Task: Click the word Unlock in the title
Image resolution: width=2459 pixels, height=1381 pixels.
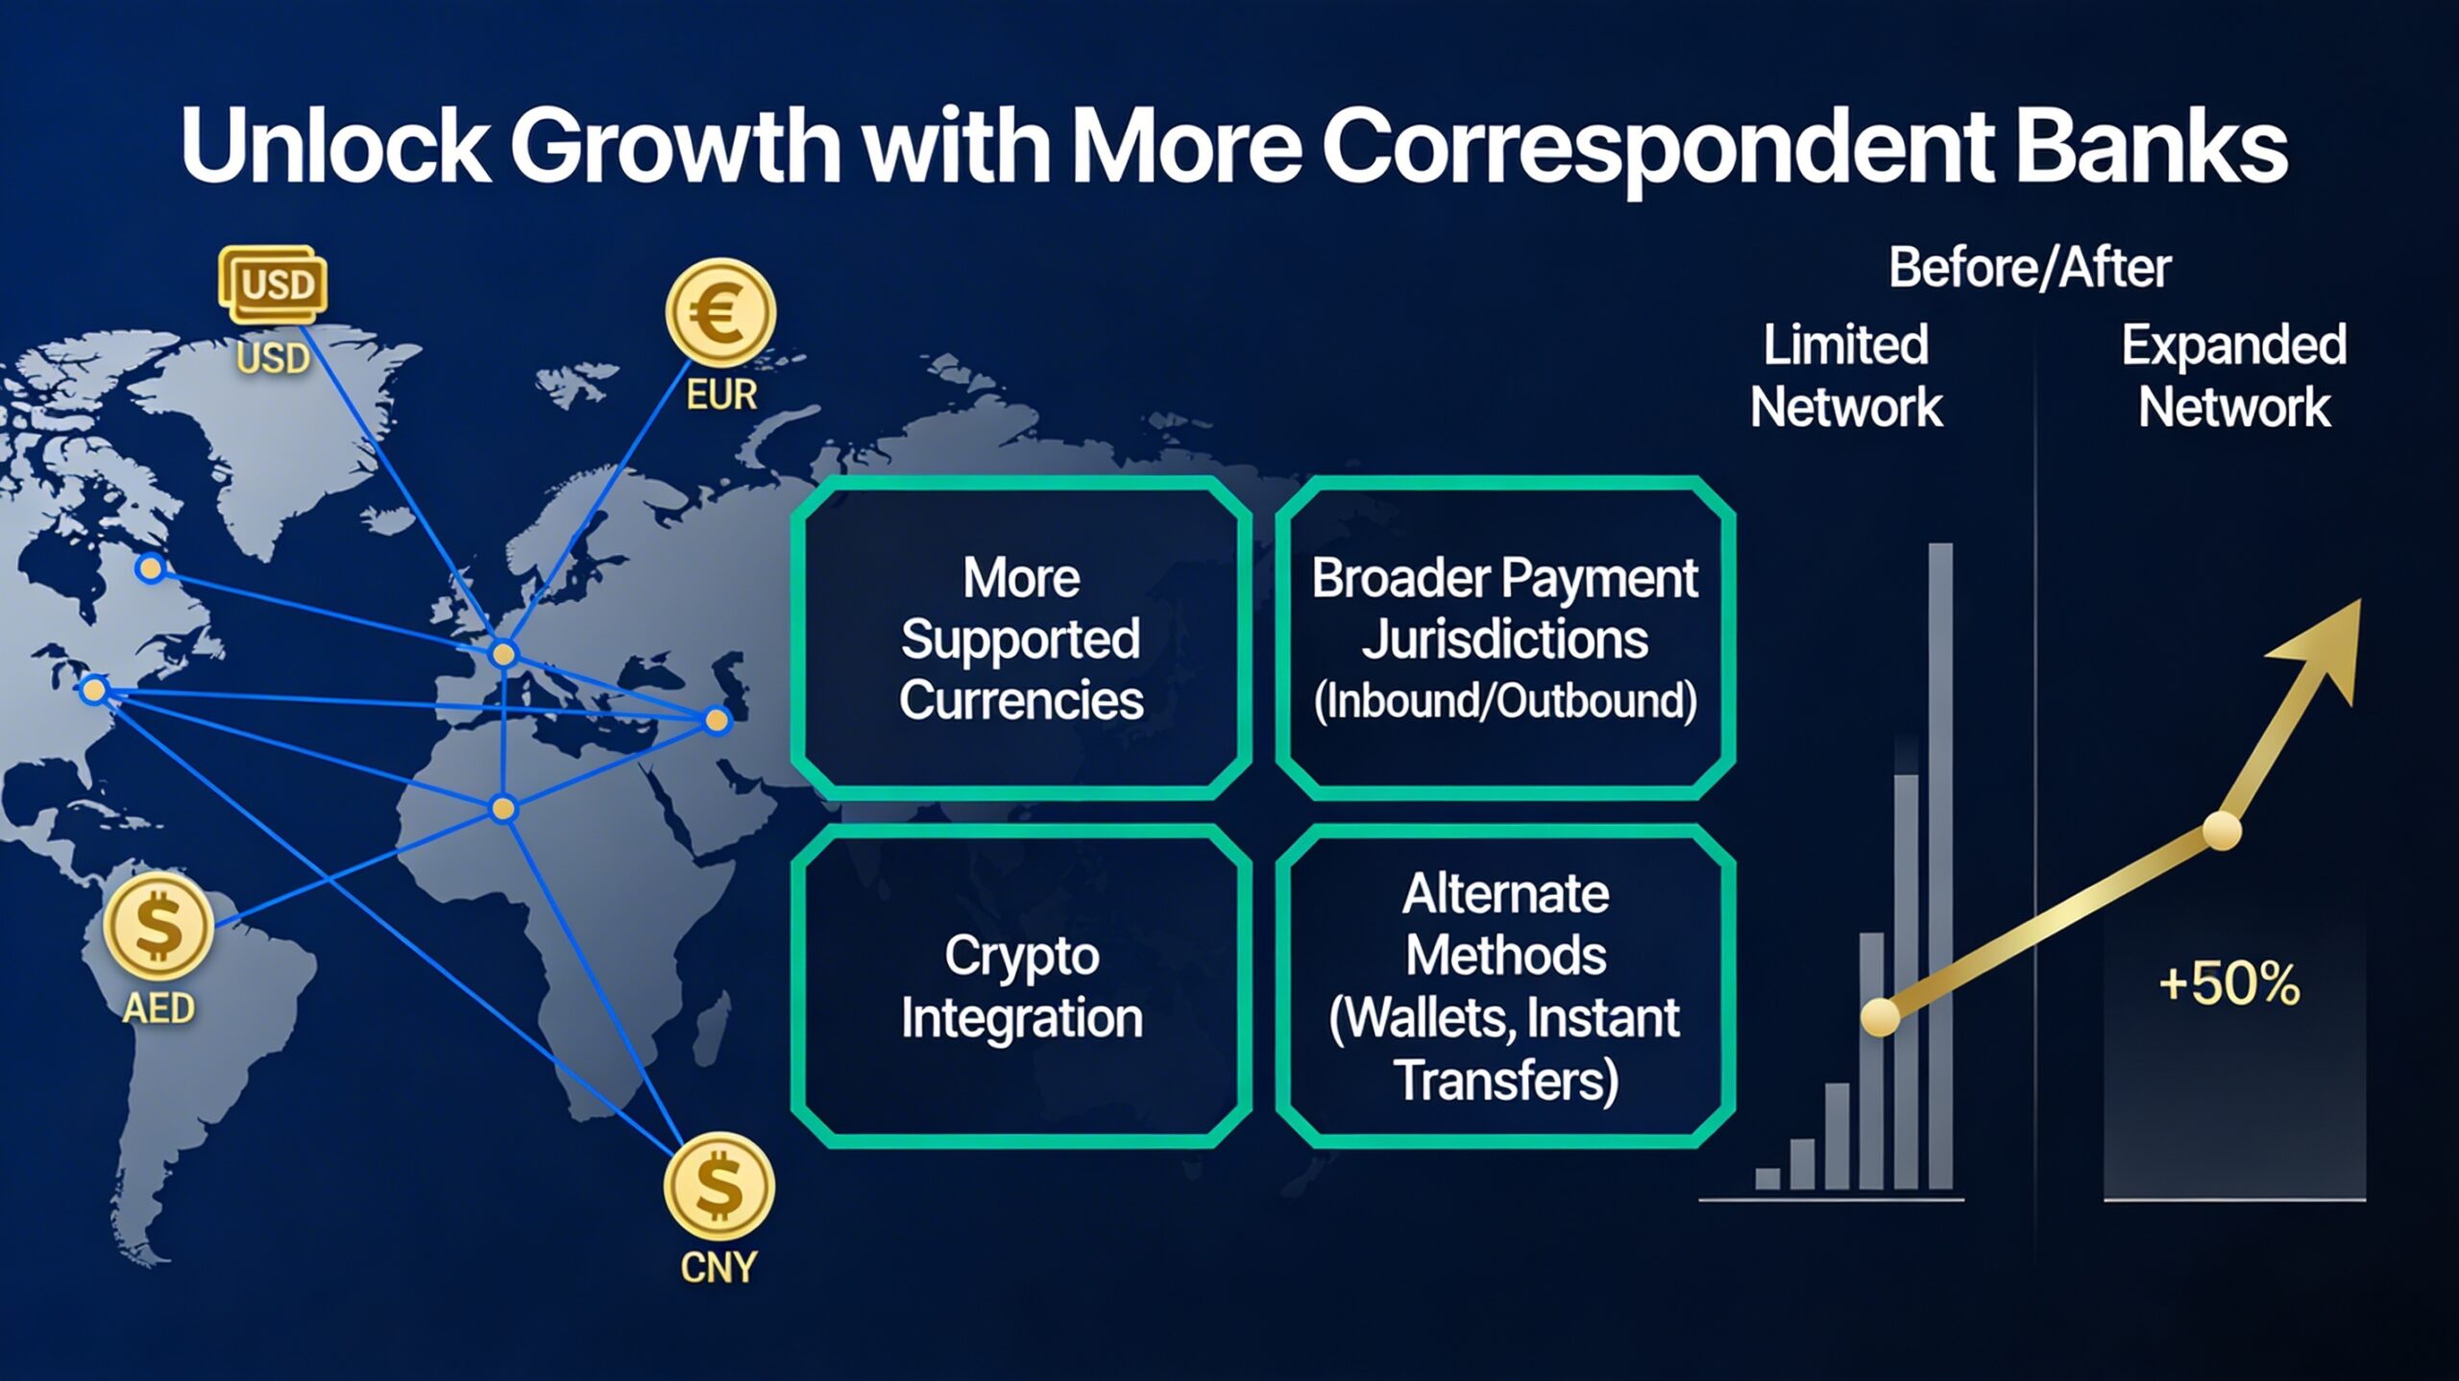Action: [x=336, y=145]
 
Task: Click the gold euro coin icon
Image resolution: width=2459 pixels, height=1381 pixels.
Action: [x=720, y=313]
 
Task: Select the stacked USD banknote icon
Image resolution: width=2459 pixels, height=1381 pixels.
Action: [x=273, y=284]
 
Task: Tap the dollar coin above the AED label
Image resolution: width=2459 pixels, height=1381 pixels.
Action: [x=158, y=926]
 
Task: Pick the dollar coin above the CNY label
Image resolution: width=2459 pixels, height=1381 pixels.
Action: [x=719, y=1186]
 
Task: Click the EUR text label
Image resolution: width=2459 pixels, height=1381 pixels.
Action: [x=721, y=395]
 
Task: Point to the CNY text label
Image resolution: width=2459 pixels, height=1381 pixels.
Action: [x=718, y=1268]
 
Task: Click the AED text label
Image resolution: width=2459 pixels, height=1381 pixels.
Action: [x=158, y=1008]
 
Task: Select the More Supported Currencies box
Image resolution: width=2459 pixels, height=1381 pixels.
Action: [x=1021, y=638]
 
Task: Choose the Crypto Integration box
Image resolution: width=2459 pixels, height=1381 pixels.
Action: [x=1021, y=986]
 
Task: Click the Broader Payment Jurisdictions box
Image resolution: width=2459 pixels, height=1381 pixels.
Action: [x=1505, y=638]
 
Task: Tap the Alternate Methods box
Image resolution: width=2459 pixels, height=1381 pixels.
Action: [x=1505, y=986]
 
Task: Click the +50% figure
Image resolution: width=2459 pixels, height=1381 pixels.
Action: [x=2228, y=983]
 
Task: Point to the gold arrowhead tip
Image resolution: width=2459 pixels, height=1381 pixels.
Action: [x=2360, y=600]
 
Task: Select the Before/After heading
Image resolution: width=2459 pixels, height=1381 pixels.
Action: [x=2030, y=268]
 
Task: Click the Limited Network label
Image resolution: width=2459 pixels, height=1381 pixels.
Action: [x=1846, y=376]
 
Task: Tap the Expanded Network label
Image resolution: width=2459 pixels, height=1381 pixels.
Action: [x=2234, y=376]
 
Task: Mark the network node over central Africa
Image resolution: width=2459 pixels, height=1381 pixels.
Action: [x=503, y=809]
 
